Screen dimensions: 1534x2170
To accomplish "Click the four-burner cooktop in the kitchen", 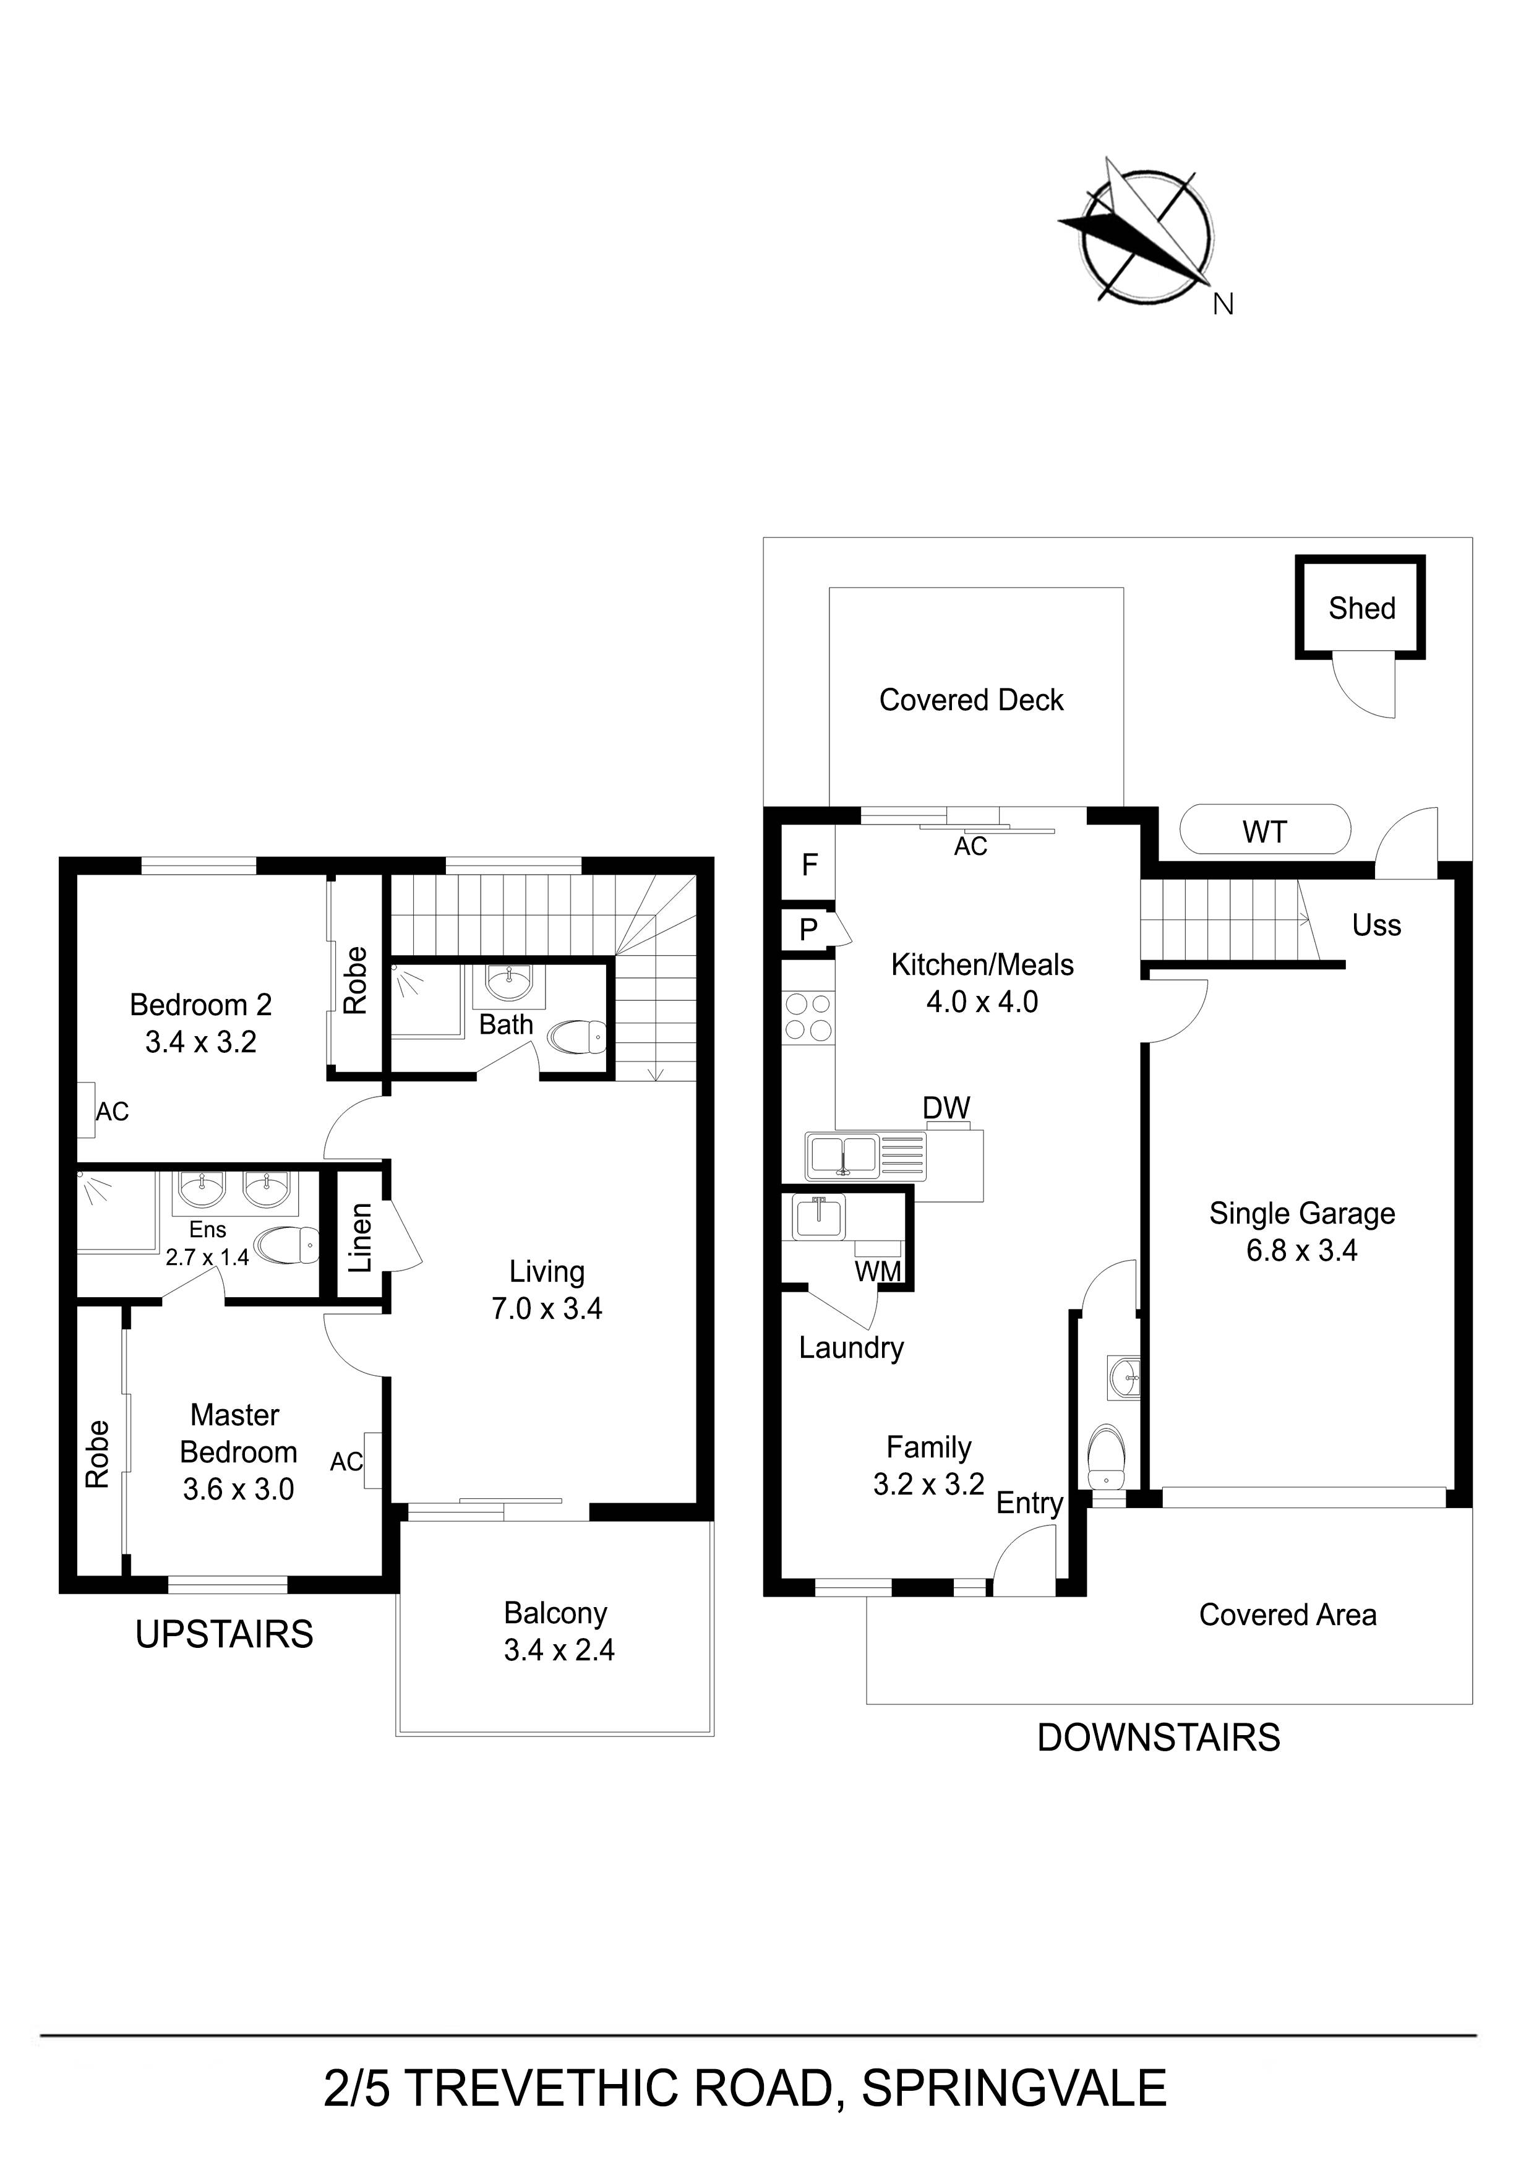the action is pyautogui.click(x=807, y=1016).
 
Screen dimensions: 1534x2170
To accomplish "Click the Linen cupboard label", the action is pyautogui.click(x=360, y=1237).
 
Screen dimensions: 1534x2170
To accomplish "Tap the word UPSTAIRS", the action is pyautogui.click(x=224, y=1634).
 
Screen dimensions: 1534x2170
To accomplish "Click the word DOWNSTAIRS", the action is pyautogui.click(x=1158, y=1737).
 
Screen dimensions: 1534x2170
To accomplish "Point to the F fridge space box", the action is pyautogui.click(x=808, y=864).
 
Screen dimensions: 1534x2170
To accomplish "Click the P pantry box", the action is pyautogui.click(x=808, y=930).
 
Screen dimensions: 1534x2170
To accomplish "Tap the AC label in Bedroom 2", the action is pyautogui.click(x=111, y=1112).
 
